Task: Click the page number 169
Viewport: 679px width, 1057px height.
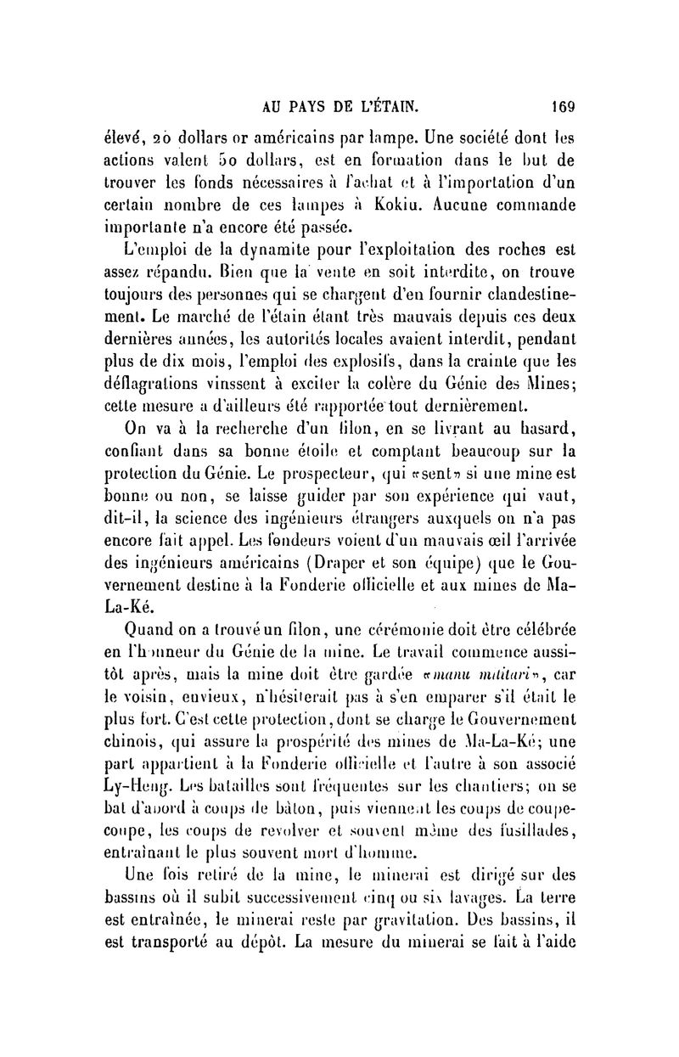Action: (x=563, y=108)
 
